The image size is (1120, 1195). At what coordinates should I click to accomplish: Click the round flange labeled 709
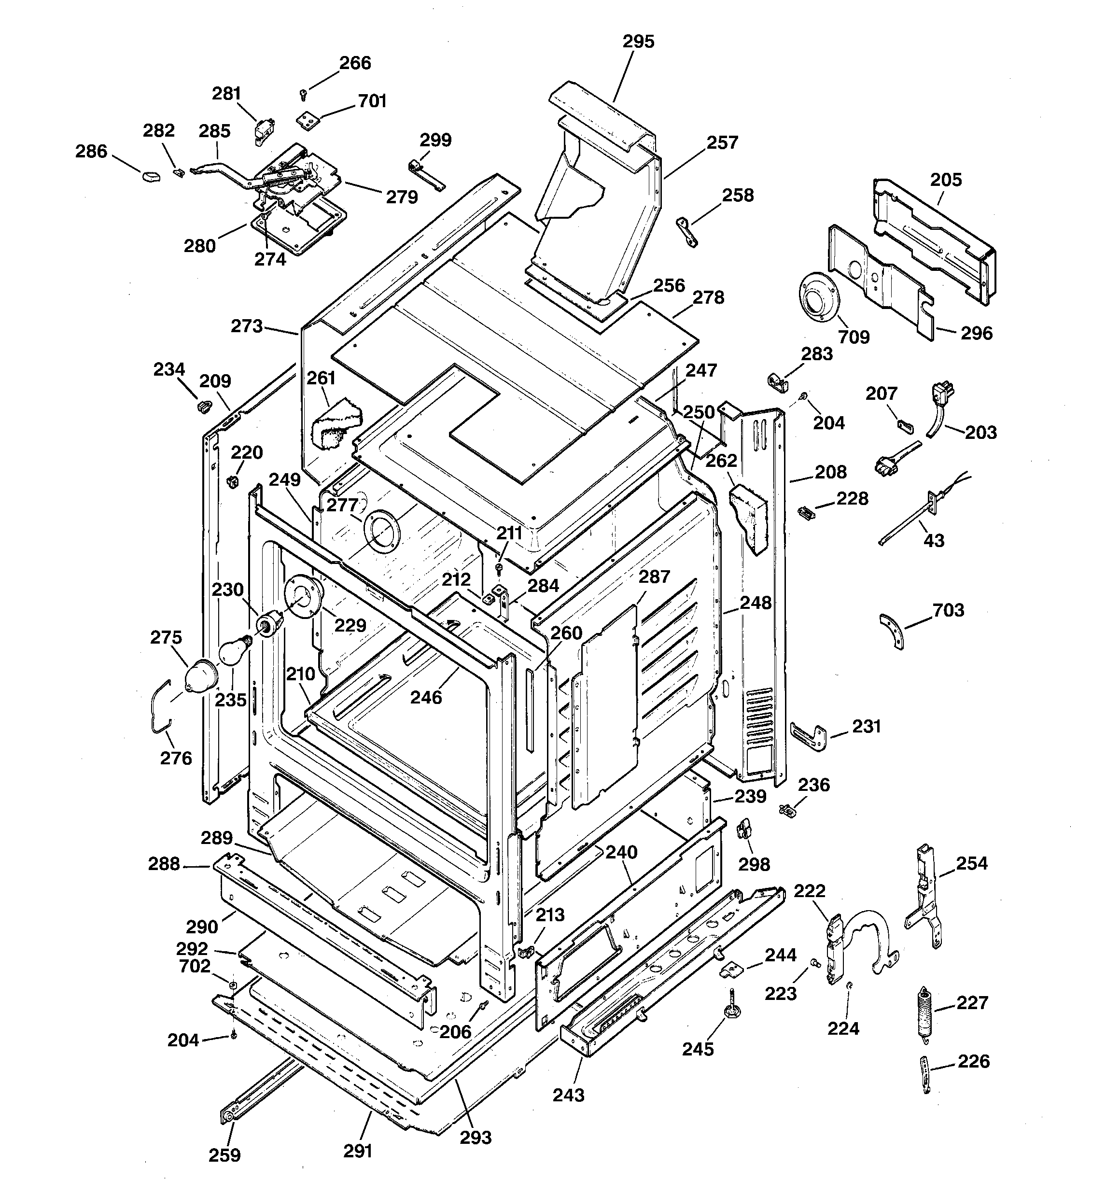point(819,297)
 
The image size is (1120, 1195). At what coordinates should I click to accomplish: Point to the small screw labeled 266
point(304,94)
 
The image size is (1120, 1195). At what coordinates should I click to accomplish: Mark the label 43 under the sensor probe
point(933,540)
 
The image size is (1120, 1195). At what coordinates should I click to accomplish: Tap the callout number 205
point(946,180)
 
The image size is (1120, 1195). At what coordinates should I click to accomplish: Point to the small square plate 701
point(308,120)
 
